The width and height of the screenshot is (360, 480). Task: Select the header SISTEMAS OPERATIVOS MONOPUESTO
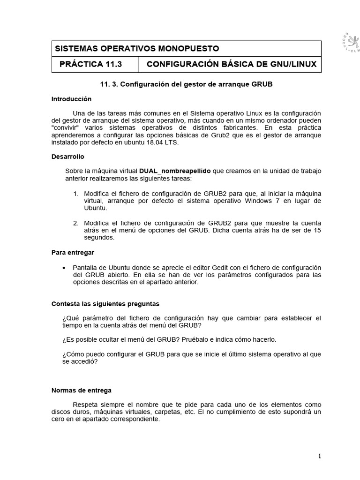137,49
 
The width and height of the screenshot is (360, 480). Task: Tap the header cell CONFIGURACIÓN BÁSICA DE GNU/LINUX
232,64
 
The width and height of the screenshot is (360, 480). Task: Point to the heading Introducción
71,99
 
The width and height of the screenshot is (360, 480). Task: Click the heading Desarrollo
67,157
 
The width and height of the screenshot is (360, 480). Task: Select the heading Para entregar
73,253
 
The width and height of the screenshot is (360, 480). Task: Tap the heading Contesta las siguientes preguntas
105,304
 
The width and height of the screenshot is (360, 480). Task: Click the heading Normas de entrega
81,390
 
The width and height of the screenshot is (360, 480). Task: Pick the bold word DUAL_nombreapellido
175,171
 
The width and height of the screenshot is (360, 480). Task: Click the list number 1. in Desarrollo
75,194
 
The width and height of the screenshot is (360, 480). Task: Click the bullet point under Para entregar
64,267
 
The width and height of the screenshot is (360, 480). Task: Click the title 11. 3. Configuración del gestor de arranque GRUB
186,84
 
